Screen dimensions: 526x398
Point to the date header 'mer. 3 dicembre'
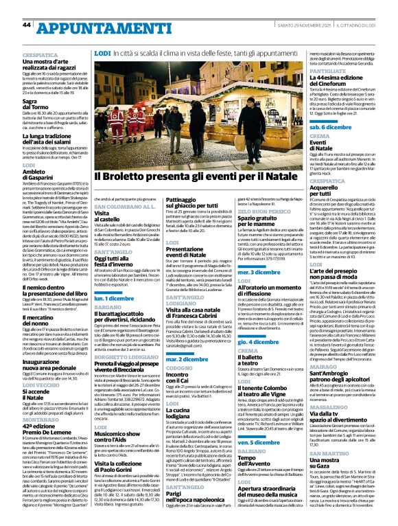tap(255, 273)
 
